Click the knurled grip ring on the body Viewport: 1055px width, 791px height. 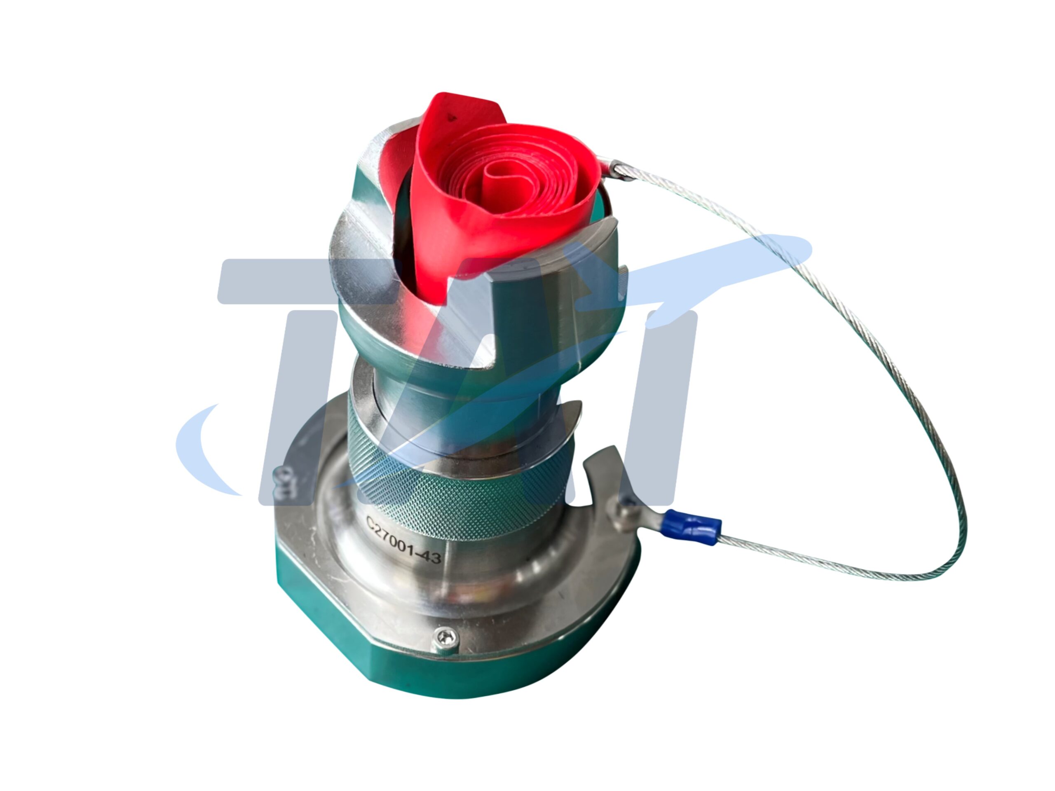point(458,472)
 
